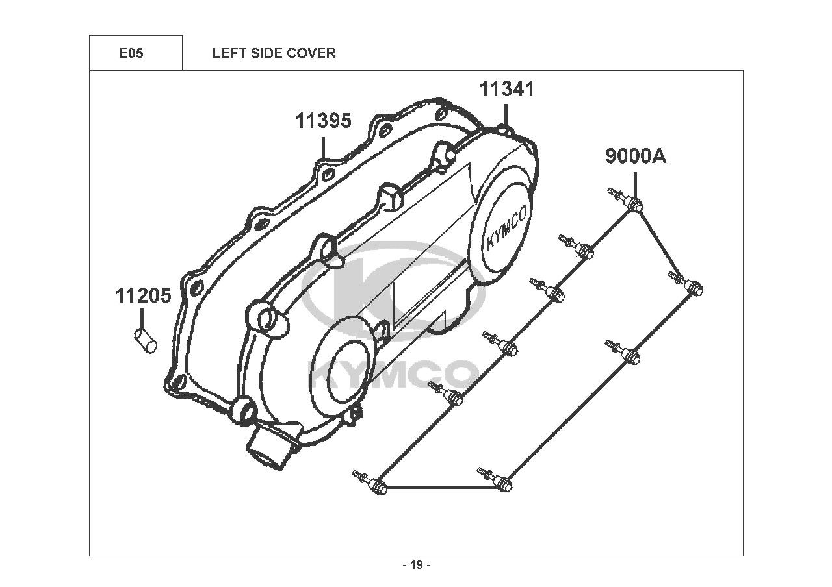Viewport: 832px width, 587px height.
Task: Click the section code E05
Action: [x=131, y=53]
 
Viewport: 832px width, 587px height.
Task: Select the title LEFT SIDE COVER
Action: [x=274, y=53]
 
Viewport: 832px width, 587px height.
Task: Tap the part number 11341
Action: [x=507, y=90]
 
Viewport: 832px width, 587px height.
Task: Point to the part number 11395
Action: [x=324, y=121]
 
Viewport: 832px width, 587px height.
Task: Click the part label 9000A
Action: [x=636, y=156]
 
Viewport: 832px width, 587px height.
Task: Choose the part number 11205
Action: [x=143, y=296]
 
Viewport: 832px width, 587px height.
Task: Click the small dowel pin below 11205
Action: [x=145, y=340]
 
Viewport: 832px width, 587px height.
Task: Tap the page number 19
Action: [x=417, y=565]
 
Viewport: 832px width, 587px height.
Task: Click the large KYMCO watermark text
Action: [x=393, y=375]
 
